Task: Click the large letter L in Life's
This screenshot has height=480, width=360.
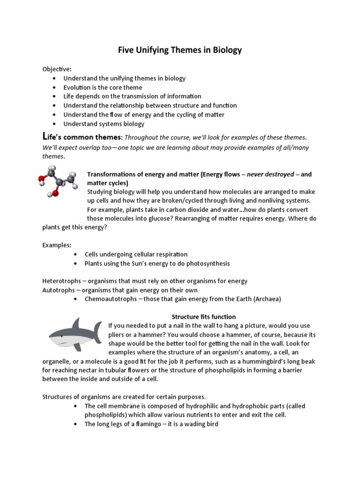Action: coord(45,136)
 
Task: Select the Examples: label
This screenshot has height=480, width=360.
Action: coord(57,245)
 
